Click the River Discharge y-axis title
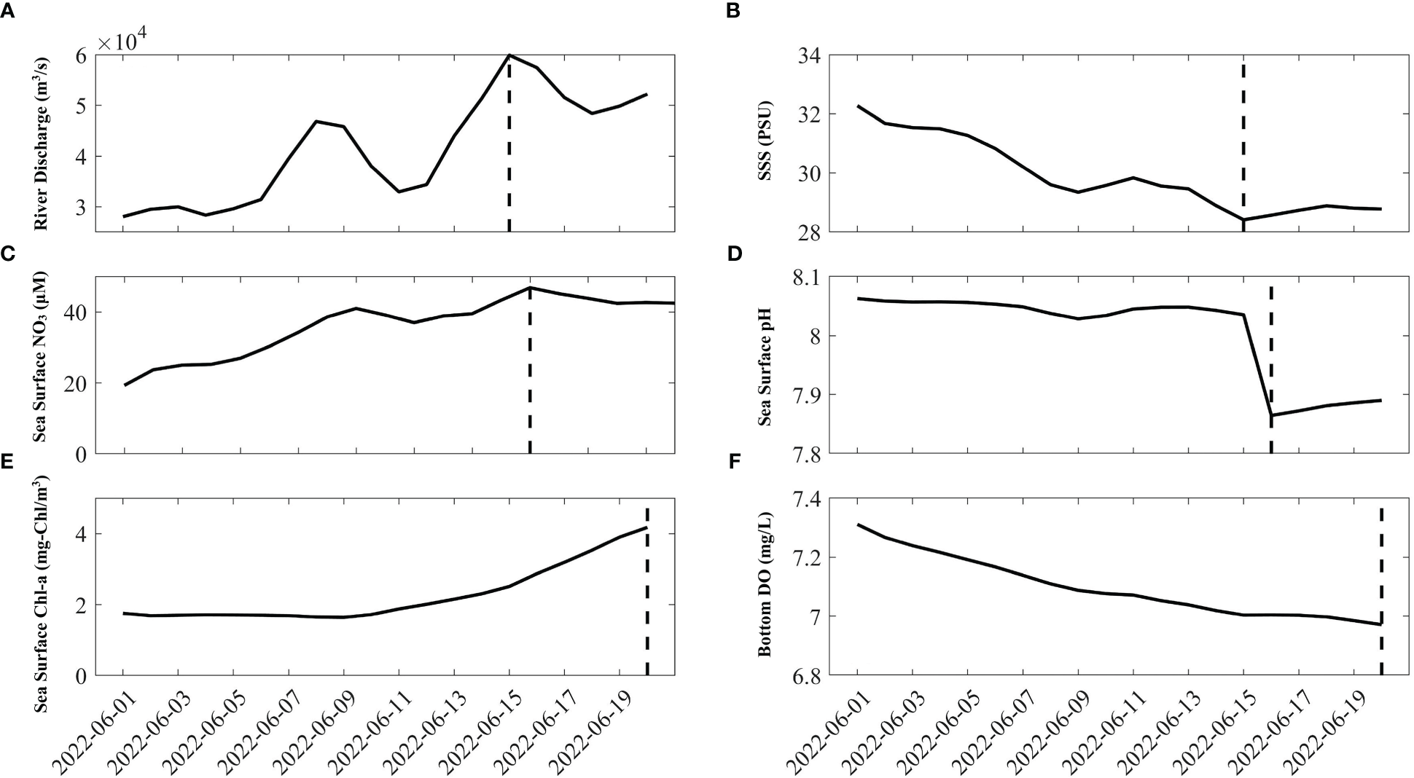click(x=41, y=143)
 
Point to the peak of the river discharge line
click(x=509, y=55)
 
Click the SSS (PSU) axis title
click(x=765, y=143)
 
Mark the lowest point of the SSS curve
click(x=1243, y=219)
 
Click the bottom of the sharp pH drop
click(x=1271, y=415)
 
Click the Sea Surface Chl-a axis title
click(x=41, y=586)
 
